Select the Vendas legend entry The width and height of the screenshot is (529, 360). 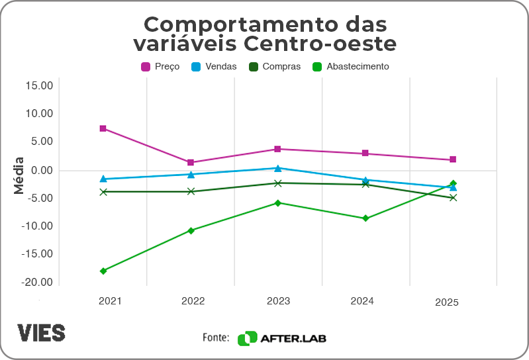click(x=213, y=67)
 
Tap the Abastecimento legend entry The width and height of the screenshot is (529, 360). click(x=350, y=67)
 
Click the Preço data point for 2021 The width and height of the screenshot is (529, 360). click(x=103, y=128)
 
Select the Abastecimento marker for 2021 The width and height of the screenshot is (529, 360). click(x=103, y=271)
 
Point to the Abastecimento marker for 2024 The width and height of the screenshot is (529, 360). click(x=365, y=218)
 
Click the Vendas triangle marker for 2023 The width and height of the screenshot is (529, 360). click(x=278, y=168)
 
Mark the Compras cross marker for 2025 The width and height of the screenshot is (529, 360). click(x=453, y=197)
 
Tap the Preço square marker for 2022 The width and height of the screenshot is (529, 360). click(x=191, y=162)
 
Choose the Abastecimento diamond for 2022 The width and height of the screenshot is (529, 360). click(x=191, y=230)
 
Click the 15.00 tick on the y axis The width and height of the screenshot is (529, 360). click(x=38, y=85)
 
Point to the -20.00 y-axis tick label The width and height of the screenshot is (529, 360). click(x=37, y=283)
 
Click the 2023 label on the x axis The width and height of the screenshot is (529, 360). click(x=278, y=301)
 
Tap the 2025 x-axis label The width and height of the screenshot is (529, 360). click(x=447, y=302)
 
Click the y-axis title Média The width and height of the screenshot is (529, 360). click(x=19, y=175)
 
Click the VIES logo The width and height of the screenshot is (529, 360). click(x=41, y=332)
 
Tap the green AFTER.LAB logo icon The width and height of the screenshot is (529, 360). click(x=247, y=338)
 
